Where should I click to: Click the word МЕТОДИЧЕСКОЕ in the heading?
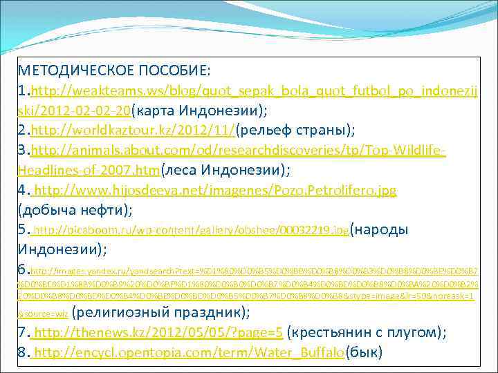point(75,71)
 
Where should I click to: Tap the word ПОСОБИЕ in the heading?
point(175,71)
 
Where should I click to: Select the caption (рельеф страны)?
point(296,130)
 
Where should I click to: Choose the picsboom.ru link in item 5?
point(191,230)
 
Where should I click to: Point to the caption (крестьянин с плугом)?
point(366,333)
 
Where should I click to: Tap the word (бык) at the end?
point(364,353)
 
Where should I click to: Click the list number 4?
point(23,189)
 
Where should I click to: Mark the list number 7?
point(23,333)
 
